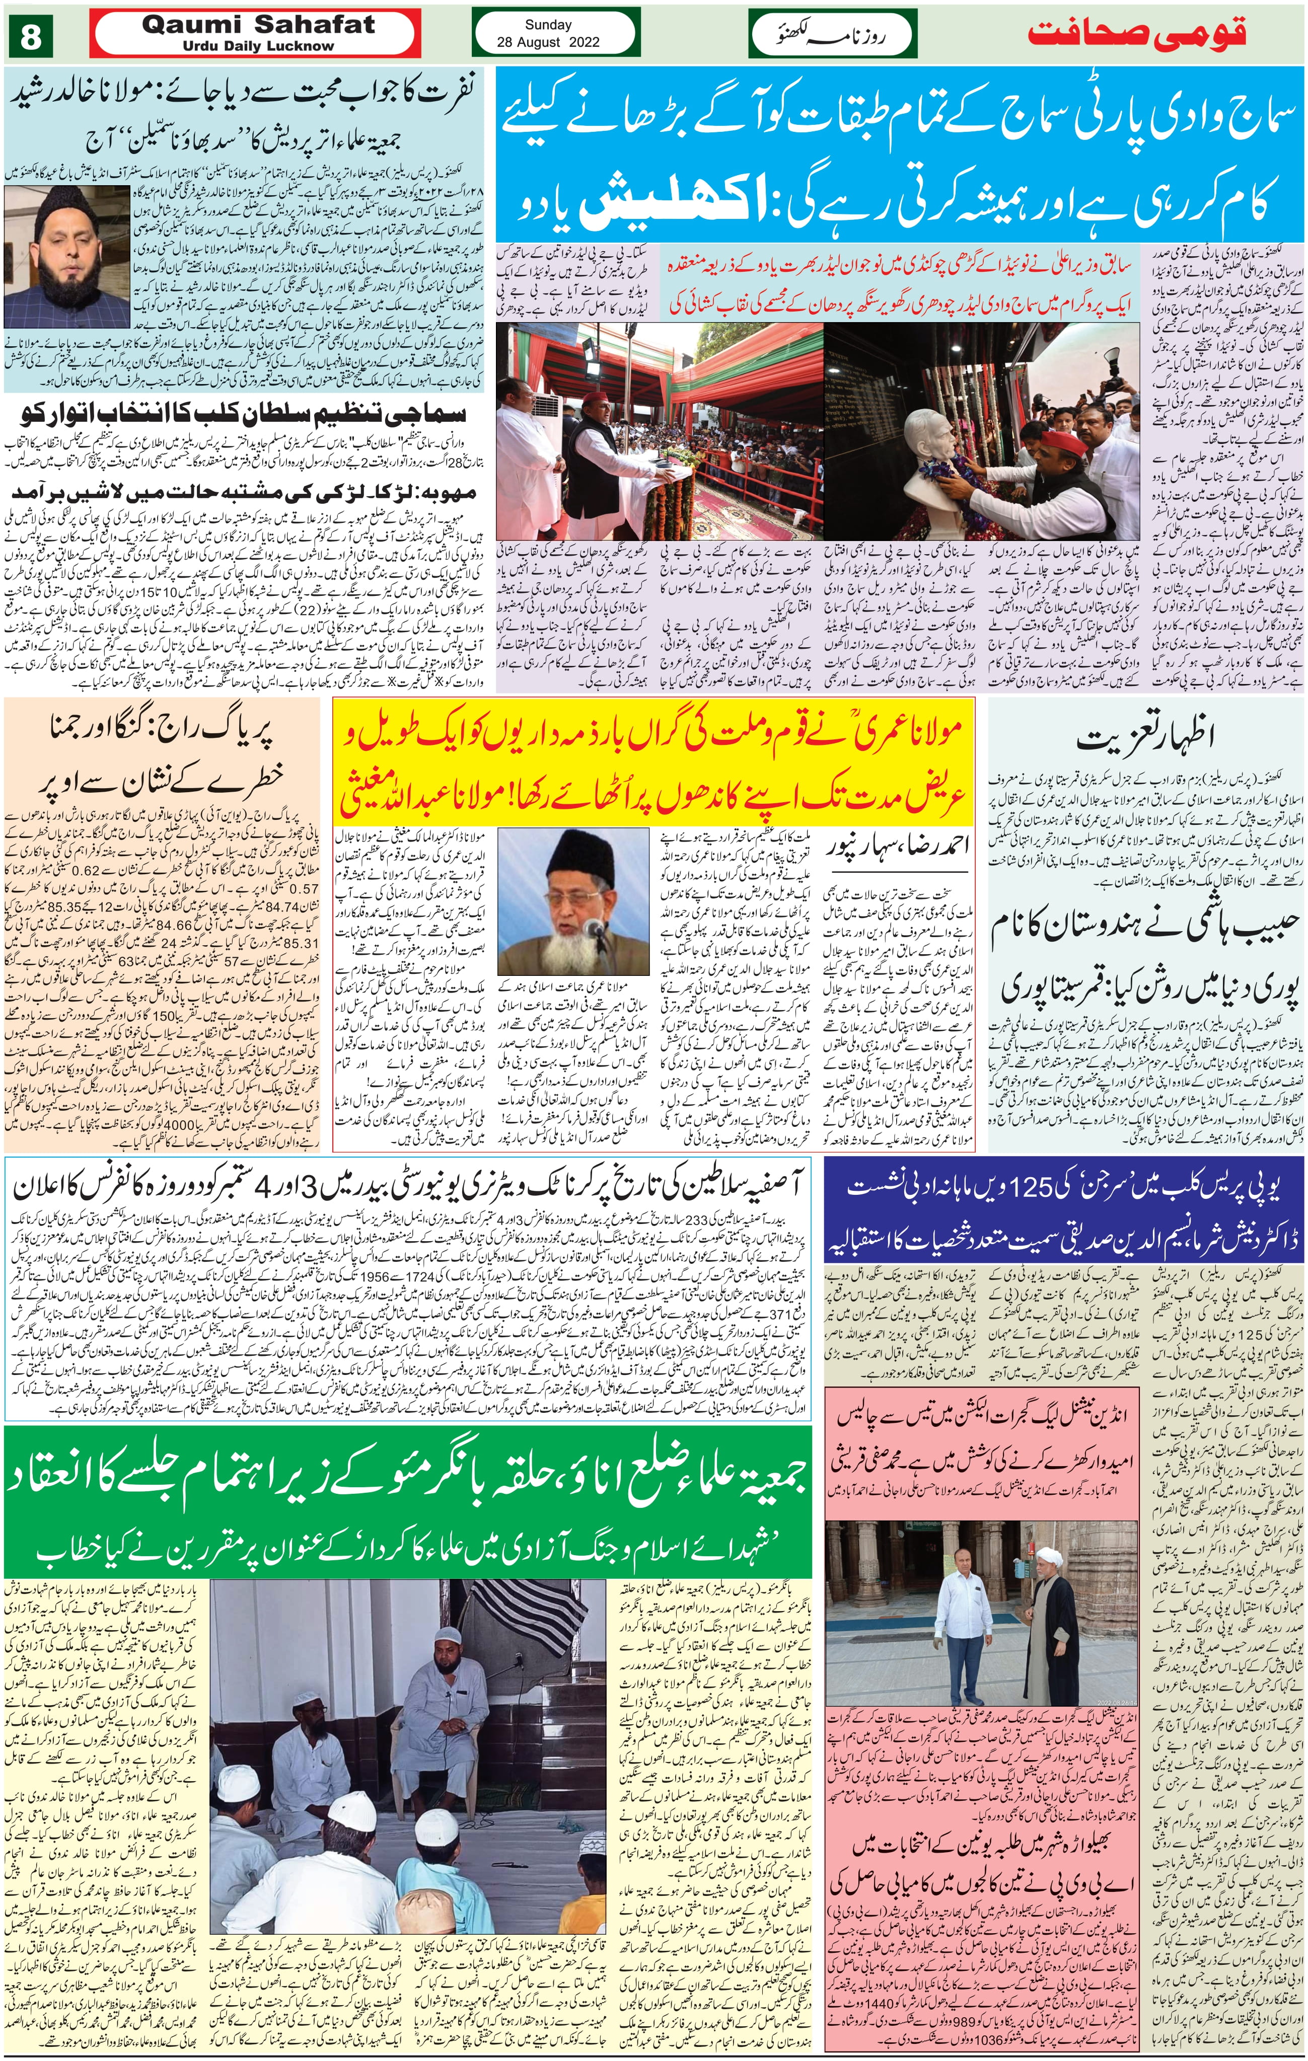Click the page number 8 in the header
[31, 38]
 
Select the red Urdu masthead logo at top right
[1136, 33]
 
